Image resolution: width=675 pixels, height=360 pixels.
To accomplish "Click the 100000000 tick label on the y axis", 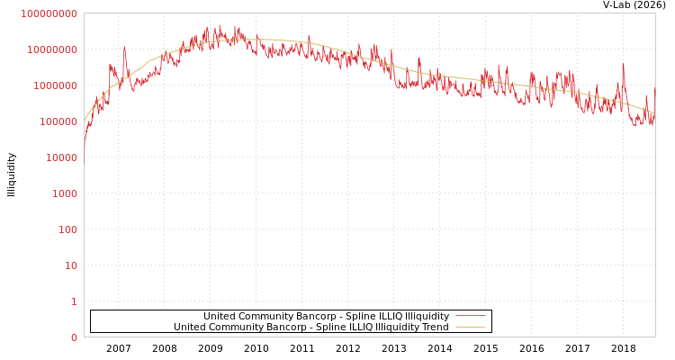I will [x=49, y=13].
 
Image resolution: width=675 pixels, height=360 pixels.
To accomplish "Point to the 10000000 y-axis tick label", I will [x=52, y=49].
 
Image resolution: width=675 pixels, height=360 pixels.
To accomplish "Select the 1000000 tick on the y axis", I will [x=54, y=85].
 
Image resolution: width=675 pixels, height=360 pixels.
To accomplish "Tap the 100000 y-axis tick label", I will [x=57, y=121].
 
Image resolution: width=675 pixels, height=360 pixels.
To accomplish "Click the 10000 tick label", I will [x=59, y=157].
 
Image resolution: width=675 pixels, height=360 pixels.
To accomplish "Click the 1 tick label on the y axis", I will [x=74, y=301].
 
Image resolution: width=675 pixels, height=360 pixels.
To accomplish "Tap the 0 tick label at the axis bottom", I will [x=74, y=337].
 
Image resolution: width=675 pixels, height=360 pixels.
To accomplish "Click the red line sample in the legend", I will [x=470, y=317].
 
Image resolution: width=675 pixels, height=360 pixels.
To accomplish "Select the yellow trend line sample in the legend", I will [x=470, y=328].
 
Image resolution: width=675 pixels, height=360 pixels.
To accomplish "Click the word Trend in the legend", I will [x=434, y=328].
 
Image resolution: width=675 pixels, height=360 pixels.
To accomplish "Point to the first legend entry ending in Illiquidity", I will [x=326, y=317].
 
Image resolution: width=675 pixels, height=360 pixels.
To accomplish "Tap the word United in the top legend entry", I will [x=220, y=317].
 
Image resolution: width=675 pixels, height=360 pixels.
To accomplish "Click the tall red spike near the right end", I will [x=623, y=65].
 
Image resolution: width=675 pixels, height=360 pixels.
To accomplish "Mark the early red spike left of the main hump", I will [x=124, y=49].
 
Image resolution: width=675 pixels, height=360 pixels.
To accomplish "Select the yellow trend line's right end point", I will [x=654, y=113].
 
